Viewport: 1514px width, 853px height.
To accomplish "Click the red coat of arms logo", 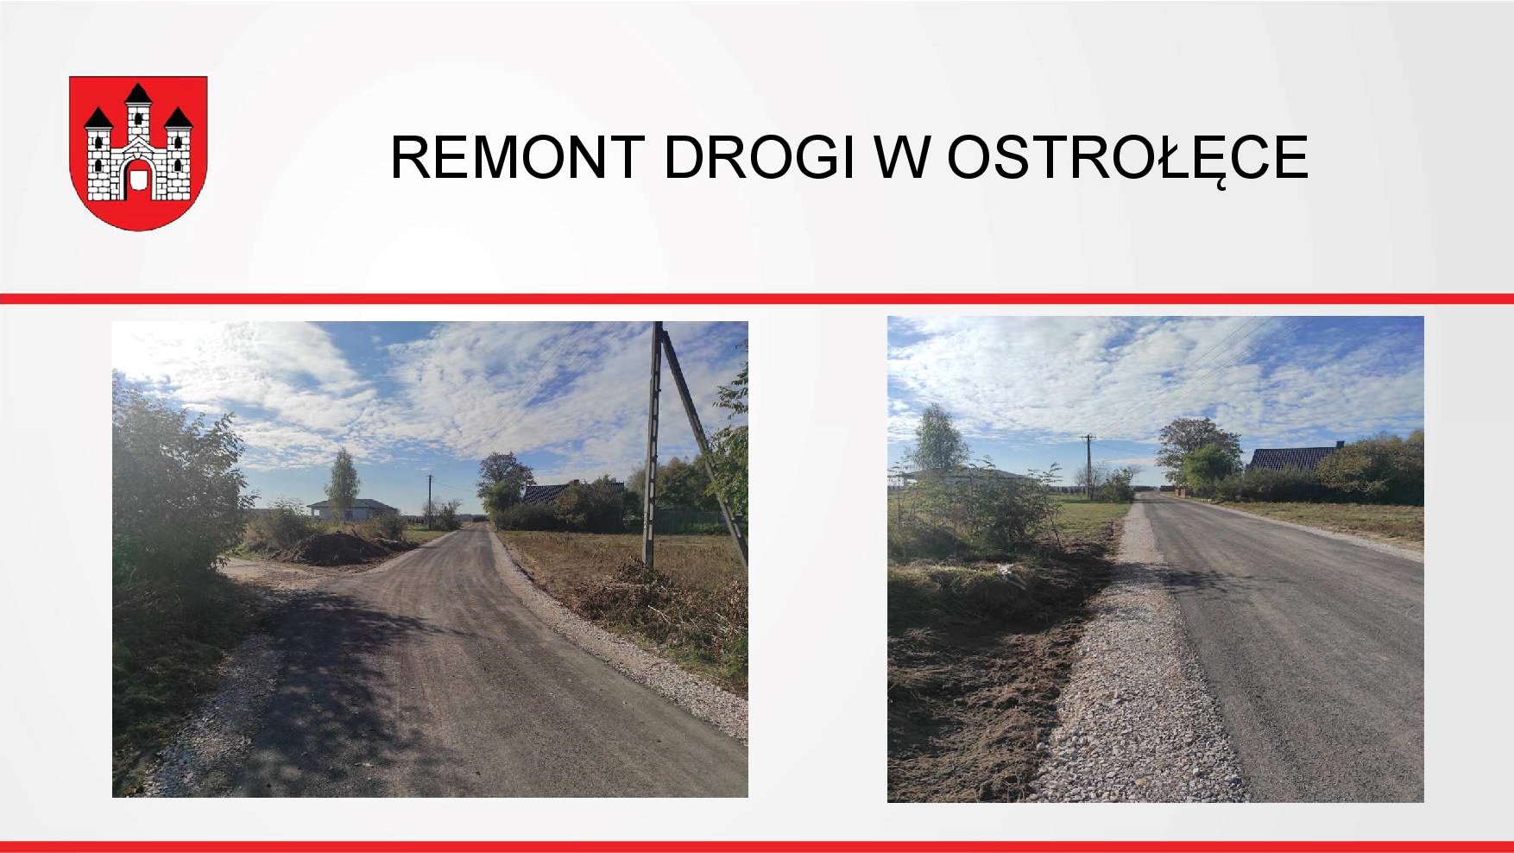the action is [x=138, y=153].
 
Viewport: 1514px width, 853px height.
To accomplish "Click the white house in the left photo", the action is [x=352, y=509].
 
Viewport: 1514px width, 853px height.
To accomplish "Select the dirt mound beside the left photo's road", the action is [x=337, y=549].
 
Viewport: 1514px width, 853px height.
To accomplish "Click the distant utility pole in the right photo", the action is [x=1088, y=465].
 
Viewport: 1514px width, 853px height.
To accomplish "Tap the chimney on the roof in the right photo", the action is [x=1340, y=446].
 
